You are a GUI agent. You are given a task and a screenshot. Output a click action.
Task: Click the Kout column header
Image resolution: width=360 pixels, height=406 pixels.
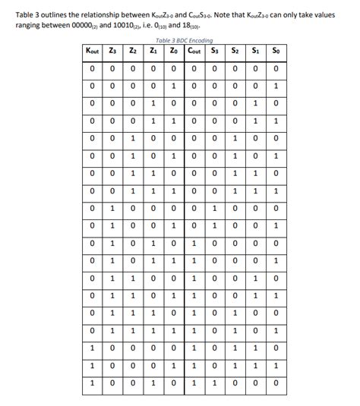[91, 51]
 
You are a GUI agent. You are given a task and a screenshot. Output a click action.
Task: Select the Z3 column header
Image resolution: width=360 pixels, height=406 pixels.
[112, 51]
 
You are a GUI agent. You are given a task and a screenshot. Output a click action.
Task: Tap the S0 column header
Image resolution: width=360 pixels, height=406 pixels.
[276, 51]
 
